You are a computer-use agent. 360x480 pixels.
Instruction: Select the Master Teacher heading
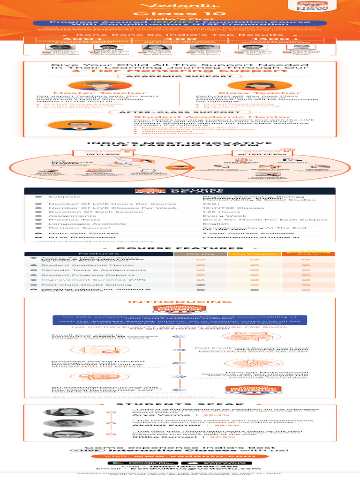tap(99, 93)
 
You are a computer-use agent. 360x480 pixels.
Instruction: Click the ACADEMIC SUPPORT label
tap(180, 75)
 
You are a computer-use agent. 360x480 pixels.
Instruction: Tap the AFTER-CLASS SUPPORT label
tap(180, 112)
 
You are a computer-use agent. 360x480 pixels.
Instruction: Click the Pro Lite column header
tap(201, 253)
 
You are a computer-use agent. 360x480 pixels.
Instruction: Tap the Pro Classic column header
tap(253, 253)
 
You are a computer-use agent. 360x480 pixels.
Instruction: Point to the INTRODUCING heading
tap(180, 302)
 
